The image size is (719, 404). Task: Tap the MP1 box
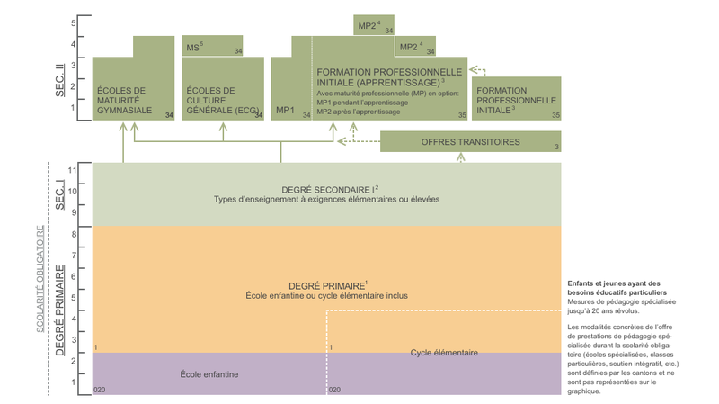(285, 111)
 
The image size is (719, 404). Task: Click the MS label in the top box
(194, 46)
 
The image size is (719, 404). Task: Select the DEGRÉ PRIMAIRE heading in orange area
(325, 284)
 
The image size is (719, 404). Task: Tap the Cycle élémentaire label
(444, 352)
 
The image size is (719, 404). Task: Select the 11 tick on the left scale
(73, 169)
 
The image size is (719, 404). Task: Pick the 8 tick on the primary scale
(73, 235)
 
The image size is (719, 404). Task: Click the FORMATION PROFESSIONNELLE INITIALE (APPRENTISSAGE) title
(389, 76)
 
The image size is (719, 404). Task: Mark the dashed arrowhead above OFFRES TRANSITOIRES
(461, 157)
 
